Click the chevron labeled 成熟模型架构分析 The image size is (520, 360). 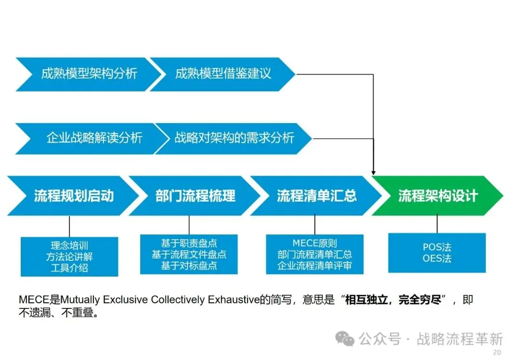pos(89,74)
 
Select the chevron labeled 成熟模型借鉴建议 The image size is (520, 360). pos(223,74)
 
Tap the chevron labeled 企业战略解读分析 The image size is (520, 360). pos(94,138)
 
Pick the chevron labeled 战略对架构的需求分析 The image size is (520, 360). pos(234,138)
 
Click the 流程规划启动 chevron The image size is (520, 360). pos(74,196)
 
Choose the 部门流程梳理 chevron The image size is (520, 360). pos(195,196)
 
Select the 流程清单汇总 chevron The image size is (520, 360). pos(316,196)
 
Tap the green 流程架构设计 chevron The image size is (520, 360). pos(438,196)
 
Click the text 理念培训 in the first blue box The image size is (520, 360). pos(69,245)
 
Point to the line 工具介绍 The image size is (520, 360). pos(69,268)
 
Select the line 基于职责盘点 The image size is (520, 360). pos(189,243)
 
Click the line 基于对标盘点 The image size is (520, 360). pos(189,265)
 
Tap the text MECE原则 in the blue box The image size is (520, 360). pos(314,244)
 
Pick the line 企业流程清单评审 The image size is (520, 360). pos(314,266)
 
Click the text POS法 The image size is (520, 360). pos(437,247)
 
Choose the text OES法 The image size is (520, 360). pos(437,259)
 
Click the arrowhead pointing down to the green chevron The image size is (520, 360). pos(374,172)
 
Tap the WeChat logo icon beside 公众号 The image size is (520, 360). pos(345,338)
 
